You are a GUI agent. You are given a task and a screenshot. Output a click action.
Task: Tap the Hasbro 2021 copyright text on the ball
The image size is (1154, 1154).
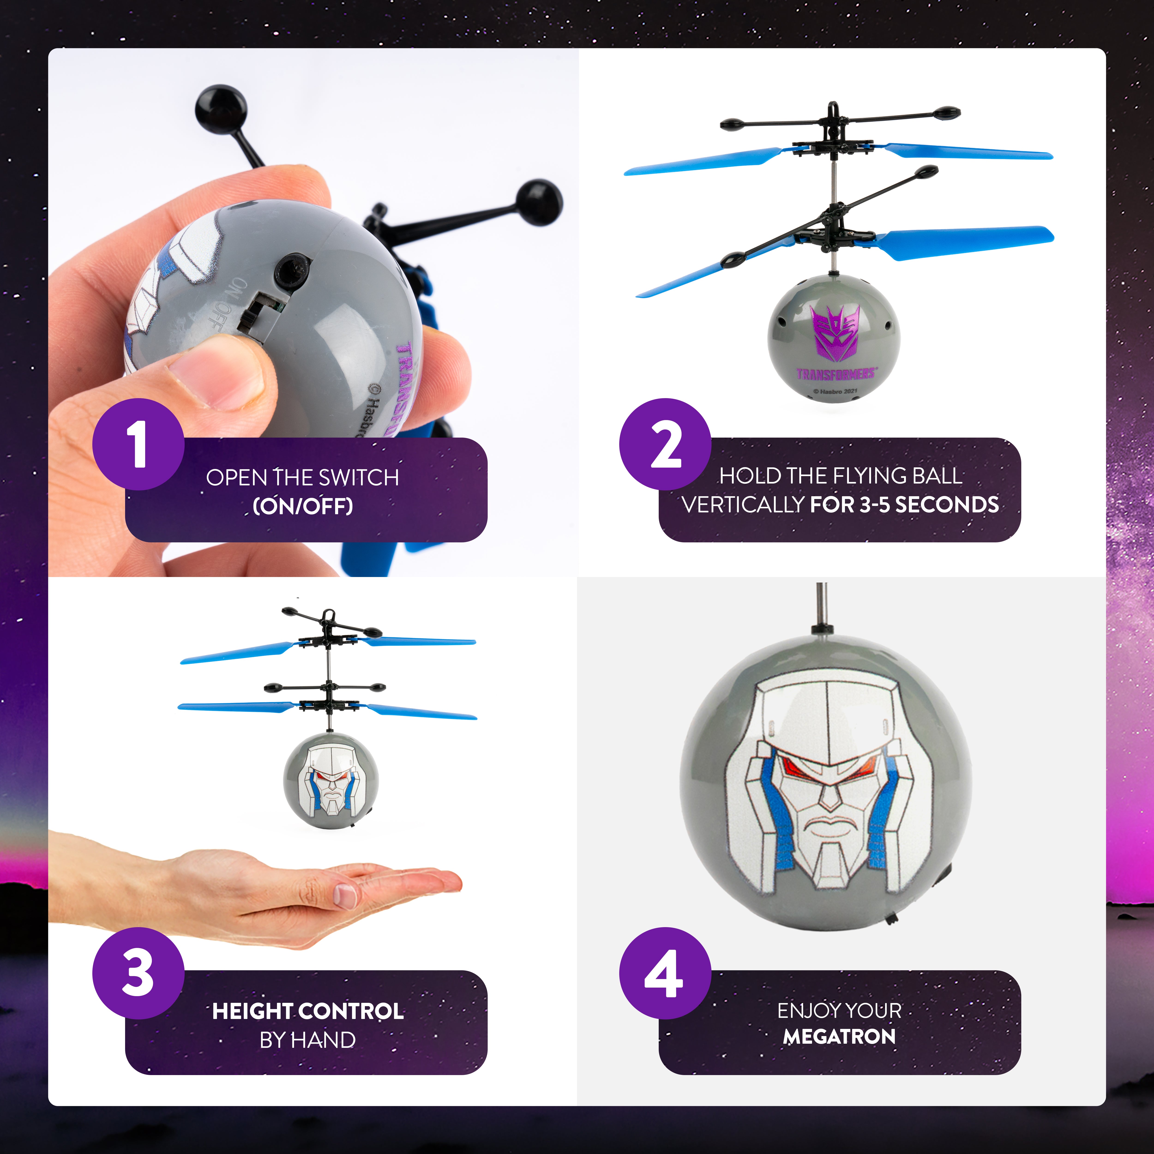click(835, 391)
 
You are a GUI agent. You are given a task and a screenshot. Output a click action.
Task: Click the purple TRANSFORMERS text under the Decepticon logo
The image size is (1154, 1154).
click(835, 374)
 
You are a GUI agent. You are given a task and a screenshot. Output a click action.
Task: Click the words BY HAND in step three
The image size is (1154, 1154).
click(308, 1040)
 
